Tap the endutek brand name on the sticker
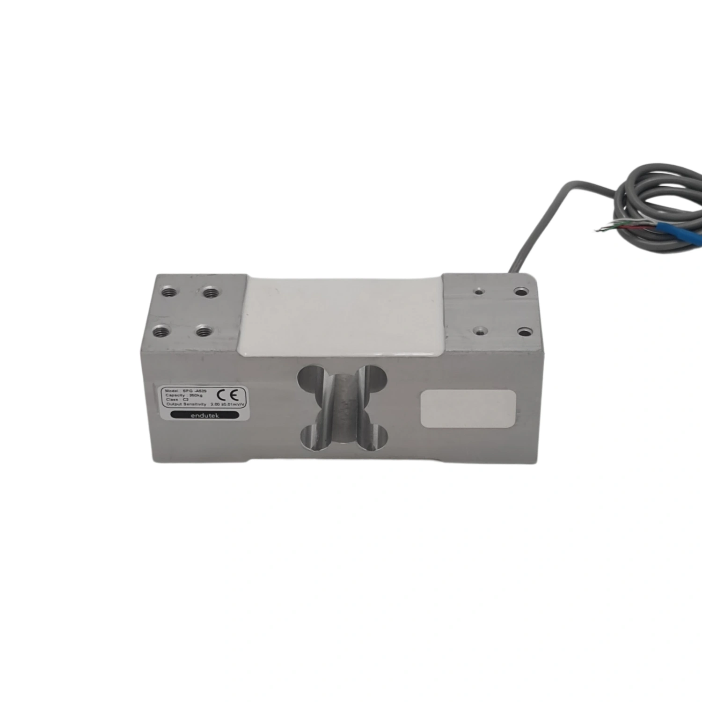(x=203, y=415)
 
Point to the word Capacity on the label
(x=174, y=395)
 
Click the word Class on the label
(x=170, y=401)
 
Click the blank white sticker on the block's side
(x=468, y=409)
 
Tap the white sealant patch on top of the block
(x=342, y=314)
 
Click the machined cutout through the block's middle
(x=343, y=405)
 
